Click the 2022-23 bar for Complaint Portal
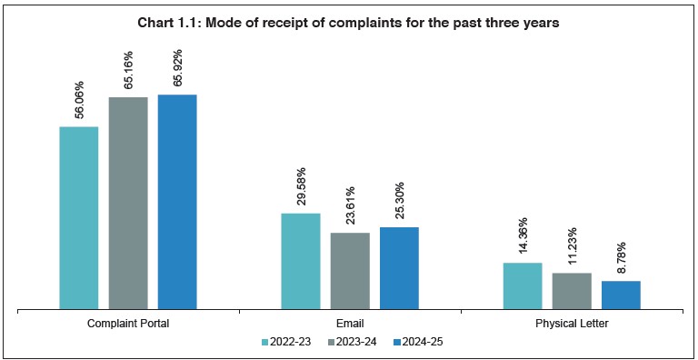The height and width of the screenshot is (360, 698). click(79, 218)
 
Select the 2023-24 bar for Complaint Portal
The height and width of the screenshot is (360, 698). click(128, 203)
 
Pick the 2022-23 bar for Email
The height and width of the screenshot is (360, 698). click(301, 261)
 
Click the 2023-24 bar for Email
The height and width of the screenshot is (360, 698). click(350, 271)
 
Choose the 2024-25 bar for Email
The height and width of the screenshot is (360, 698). click(399, 268)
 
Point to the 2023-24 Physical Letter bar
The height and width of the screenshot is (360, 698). click(572, 291)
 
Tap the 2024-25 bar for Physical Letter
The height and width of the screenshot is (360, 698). click(621, 295)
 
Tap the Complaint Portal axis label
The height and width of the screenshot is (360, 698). click(128, 323)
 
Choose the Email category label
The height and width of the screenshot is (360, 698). click(350, 323)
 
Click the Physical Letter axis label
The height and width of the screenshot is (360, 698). click(572, 323)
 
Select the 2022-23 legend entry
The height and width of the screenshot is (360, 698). click(287, 342)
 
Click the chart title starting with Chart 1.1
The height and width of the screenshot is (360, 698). click(349, 22)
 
